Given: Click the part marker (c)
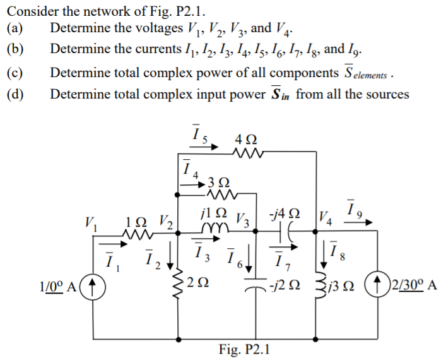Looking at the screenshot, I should [15, 73].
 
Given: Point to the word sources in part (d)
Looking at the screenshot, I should [387, 95].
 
